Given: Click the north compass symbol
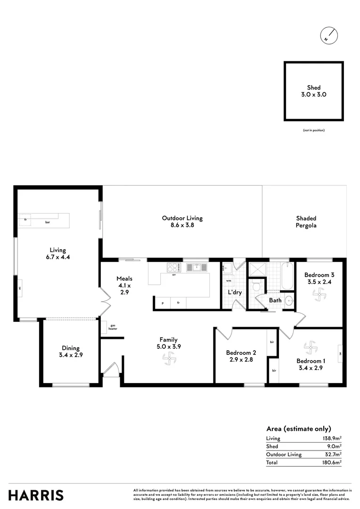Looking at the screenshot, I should [x=329, y=36].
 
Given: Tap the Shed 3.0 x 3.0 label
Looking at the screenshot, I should [x=314, y=91].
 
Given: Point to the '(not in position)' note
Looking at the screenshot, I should [x=314, y=130].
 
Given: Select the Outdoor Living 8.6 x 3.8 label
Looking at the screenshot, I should [x=182, y=222].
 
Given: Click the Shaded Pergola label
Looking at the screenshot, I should [x=306, y=222].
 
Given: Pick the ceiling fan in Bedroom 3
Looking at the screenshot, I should [x=320, y=296].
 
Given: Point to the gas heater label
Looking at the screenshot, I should [x=113, y=326].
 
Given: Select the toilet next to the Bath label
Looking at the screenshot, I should [x=257, y=285].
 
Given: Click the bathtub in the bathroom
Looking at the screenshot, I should [x=287, y=276].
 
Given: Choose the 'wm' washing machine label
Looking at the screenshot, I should [x=229, y=281].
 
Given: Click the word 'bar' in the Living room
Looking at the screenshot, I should [x=48, y=222].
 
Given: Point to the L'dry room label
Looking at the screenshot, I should [x=235, y=292].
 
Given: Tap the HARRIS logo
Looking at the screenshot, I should [x=36, y=495].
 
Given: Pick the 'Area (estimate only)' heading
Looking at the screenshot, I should [x=299, y=428].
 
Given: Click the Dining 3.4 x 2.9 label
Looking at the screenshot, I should [x=70, y=352].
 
